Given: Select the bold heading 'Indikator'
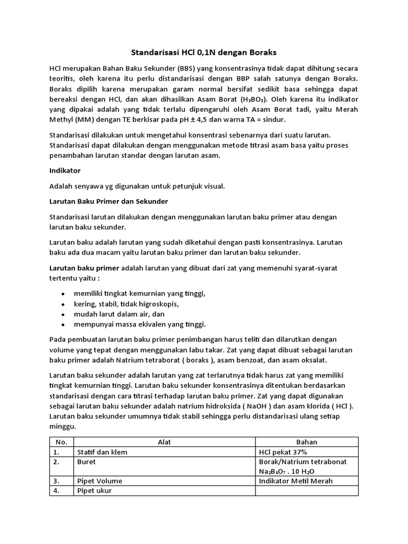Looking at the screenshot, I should tap(66, 171).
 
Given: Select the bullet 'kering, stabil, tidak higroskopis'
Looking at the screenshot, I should tap(126, 304).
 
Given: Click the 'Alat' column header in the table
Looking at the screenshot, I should tap(164, 442).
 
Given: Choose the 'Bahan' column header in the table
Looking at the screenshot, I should tap(307, 442).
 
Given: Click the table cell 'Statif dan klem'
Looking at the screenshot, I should tap(103, 452).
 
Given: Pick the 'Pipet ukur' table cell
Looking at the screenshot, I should tap(95, 491).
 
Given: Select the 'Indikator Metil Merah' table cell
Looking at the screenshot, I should tap(295, 481).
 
